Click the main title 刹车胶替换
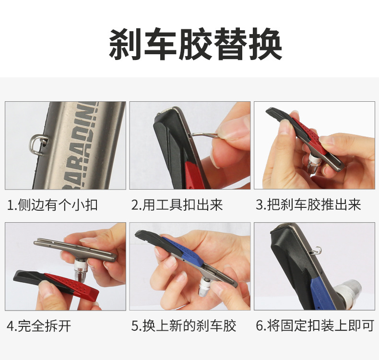(195, 44)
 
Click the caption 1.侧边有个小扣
(52, 205)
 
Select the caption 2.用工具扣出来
(177, 205)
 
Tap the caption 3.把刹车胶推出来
(308, 205)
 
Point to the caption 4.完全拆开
(39, 326)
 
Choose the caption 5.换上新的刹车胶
(183, 326)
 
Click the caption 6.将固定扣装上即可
(315, 326)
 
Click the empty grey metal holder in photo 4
(75, 249)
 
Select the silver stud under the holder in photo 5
(205, 287)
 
